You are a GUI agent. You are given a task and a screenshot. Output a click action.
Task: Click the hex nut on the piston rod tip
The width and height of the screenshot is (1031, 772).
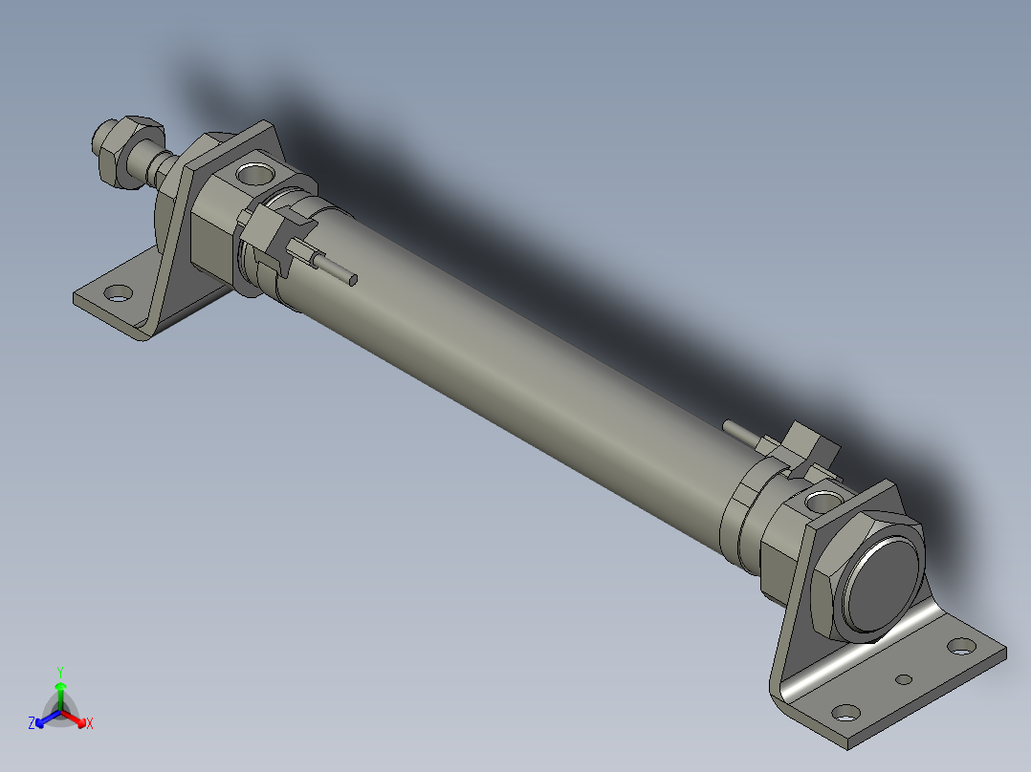tap(116, 147)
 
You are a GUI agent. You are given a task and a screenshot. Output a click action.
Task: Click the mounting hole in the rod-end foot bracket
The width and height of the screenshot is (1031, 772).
tap(118, 293)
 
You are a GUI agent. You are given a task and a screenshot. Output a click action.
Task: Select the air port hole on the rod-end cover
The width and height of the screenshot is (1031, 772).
tap(255, 174)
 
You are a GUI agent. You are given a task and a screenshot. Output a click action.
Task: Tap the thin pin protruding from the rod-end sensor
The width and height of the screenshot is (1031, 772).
tap(337, 269)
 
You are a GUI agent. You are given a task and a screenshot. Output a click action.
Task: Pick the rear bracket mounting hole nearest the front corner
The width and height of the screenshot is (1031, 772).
tap(844, 712)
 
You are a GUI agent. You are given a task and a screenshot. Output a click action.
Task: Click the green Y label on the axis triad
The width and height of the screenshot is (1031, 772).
tap(60, 672)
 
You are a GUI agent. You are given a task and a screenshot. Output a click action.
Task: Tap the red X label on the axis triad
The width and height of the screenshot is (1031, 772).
tap(90, 724)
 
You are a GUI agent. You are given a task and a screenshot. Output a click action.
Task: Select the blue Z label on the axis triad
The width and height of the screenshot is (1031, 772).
tap(32, 724)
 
